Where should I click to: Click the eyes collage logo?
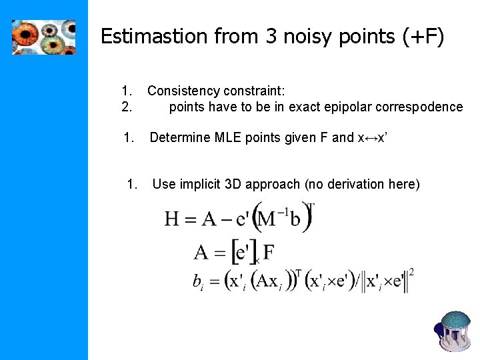pyautogui.click(x=43, y=37)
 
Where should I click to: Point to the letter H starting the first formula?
pyautogui.click(x=173, y=219)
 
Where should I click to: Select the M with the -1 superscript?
pyautogui.click(x=268, y=219)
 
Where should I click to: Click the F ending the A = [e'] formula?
pyautogui.click(x=269, y=253)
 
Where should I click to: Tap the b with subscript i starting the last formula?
pyautogui.click(x=198, y=282)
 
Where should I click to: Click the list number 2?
pyautogui.click(x=127, y=107)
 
